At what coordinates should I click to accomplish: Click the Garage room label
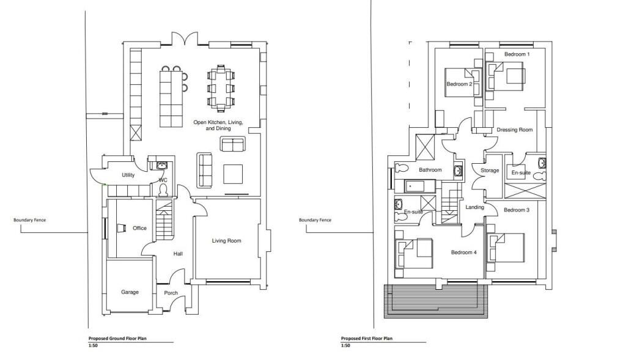click(x=130, y=292)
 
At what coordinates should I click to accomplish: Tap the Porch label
click(x=171, y=293)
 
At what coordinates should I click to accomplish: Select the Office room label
click(x=139, y=229)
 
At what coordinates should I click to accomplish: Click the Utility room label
click(x=128, y=175)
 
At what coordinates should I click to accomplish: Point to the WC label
click(x=163, y=180)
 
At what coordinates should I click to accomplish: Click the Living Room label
click(x=226, y=241)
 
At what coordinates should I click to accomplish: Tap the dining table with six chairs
click(x=221, y=87)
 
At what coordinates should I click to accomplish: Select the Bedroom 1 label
click(x=517, y=54)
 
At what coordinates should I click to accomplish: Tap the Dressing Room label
click(x=514, y=130)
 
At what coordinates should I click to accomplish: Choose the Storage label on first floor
click(x=490, y=171)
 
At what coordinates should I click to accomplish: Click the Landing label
click(x=474, y=207)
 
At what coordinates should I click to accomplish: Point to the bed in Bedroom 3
click(x=507, y=248)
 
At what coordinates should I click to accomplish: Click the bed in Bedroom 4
click(x=413, y=253)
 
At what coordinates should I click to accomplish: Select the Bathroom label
click(x=430, y=170)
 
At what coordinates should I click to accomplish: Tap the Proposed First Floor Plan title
click(x=367, y=338)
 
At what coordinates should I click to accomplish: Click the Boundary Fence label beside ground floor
click(x=29, y=220)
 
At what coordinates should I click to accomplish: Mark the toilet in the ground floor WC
click(x=163, y=191)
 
